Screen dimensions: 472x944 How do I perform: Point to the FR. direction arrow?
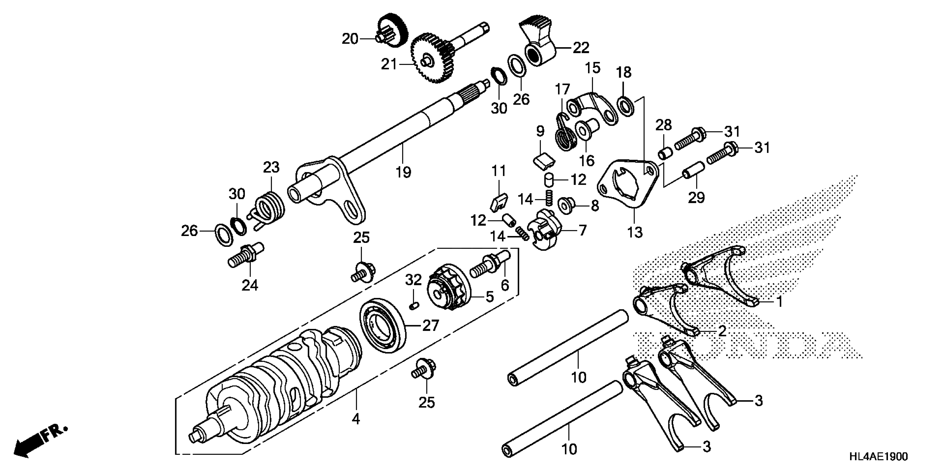pyautogui.click(x=39, y=441)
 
